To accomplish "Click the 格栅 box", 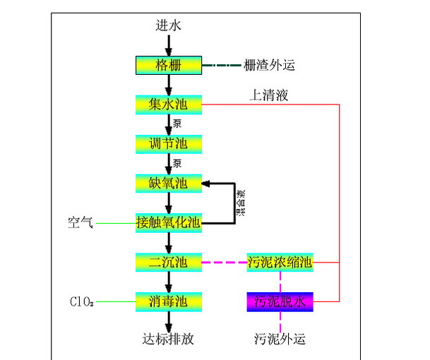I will tap(169, 65).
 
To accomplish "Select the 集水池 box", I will tap(169, 104).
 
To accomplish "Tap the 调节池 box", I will tap(169, 144).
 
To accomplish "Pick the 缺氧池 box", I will tap(169, 184).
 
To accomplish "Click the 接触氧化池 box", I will tap(169, 223).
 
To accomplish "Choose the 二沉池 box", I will tap(169, 263).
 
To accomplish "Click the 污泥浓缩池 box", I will tap(280, 263).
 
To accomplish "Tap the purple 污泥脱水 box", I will tap(280, 302).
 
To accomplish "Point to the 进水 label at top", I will tap(169, 26).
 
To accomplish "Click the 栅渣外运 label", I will tap(268, 66).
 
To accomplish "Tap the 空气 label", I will tap(80, 224).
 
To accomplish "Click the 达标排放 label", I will tap(168, 339).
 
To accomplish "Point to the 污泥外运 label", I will tap(280, 339).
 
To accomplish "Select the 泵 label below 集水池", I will tap(179, 124).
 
